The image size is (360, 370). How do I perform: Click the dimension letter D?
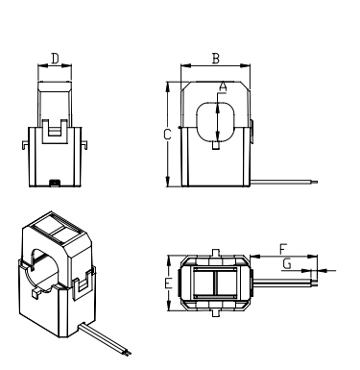tap(56, 59)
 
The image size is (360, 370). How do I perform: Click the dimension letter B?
tap(216, 59)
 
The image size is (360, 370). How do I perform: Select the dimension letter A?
tap(223, 86)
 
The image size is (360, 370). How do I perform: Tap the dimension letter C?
tap(167, 135)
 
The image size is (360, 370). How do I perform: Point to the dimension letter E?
tap(168, 284)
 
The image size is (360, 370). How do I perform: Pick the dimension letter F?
tap(283, 249)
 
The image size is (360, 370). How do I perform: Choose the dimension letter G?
tap(287, 264)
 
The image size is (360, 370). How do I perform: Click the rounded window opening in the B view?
tap(197, 122)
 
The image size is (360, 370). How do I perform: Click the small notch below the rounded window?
tap(216, 145)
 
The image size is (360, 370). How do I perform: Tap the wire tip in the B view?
tap(315, 182)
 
